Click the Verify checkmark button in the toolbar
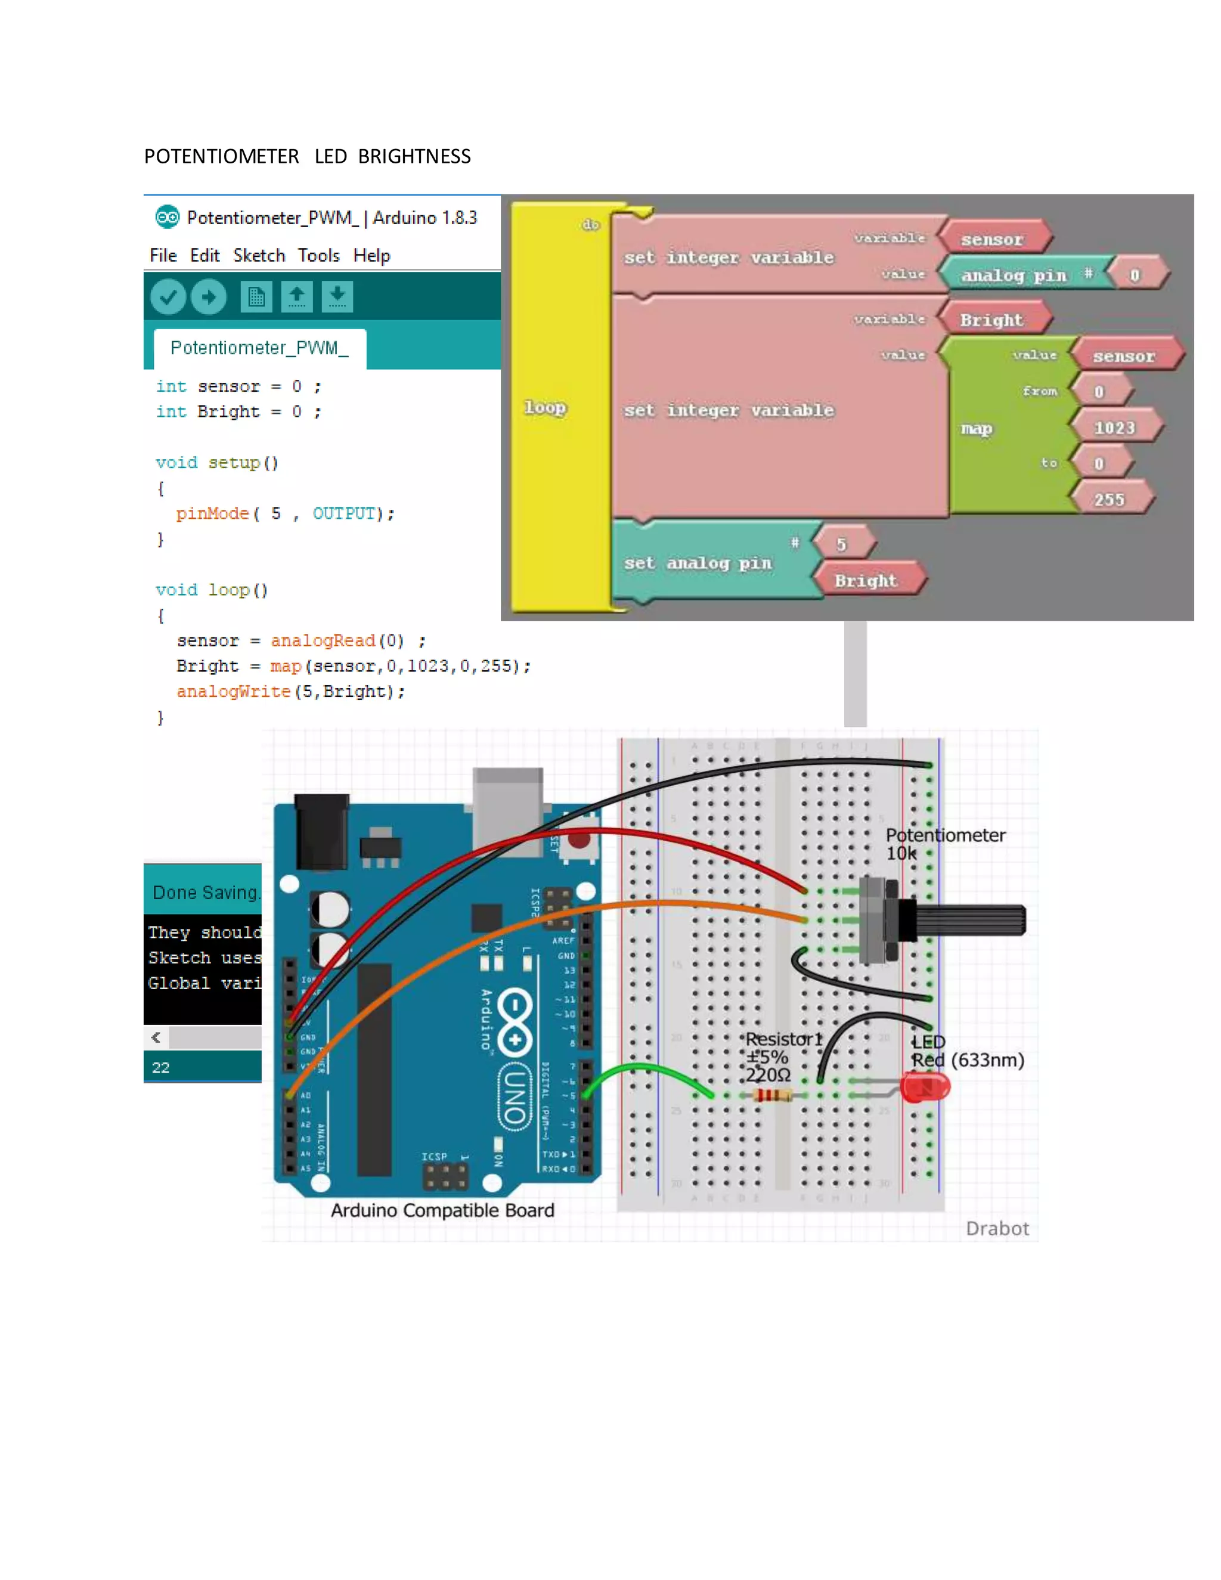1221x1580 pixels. [x=168, y=296]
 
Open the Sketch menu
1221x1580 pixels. [x=259, y=255]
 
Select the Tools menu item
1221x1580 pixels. [x=318, y=255]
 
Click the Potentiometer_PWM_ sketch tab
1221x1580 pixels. [x=259, y=348]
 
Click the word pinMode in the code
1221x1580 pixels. [x=212, y=513]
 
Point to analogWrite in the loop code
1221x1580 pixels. [x=233, y=692]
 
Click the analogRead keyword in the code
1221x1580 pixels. [x=323, y=641]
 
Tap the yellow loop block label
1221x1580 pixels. [x=545, y=407]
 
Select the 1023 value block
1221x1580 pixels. [x=1114, y=427]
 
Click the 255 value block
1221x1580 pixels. [x=1109, y=499]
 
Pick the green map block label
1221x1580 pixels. [x=976, y=428]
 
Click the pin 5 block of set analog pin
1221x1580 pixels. [x=841, y=544]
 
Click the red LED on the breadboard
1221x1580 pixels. [x=925, y=1086]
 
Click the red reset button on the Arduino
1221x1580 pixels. [x=579, y=840]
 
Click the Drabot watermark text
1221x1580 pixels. [x=997, y=1228]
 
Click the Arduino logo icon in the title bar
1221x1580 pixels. [x=167, y=217]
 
